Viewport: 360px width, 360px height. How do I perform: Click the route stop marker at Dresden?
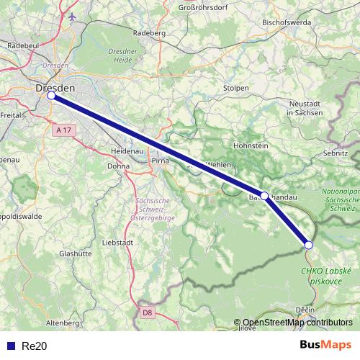tap(51, 95)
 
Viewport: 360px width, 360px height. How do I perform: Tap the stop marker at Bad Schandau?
tap(264, 195)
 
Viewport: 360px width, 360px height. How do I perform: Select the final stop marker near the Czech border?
tap(309, 245)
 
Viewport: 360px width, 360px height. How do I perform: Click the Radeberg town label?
tap(150, 33)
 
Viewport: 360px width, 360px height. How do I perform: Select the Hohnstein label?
tap(251, 145)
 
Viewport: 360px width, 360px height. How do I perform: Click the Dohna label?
tap(118, 166)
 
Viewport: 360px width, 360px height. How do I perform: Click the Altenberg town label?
tap(62, 323)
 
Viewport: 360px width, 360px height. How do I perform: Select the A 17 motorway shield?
tap(63, 130)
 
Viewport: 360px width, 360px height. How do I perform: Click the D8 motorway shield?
tap(148, 312)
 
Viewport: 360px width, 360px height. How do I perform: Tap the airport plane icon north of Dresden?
tap(72, 16)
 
